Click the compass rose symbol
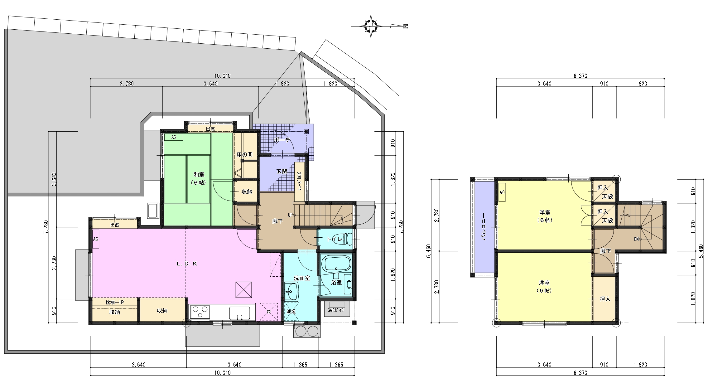pyautogui.click(x=371, y=26)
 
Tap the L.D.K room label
pyautogui.click(x=186, y=264)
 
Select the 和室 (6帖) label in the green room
pyautogui.click(x=199, y=178)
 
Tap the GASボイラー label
pyautogui.click(x=337, y=310)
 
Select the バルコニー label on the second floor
pyautogui.click(x=484, y=227)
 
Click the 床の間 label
pyautogui.click(x=244, y=155)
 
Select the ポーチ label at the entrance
pyautogui.click(x=282, y=140)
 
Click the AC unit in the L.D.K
pyautogui.click(x=96, y=239)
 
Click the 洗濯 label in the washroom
pyautogui.click(x=291, y=311)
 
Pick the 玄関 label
pyautogui.click(x=282, y=171)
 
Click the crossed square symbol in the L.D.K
pyautogui.click(x=243, y=289)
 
